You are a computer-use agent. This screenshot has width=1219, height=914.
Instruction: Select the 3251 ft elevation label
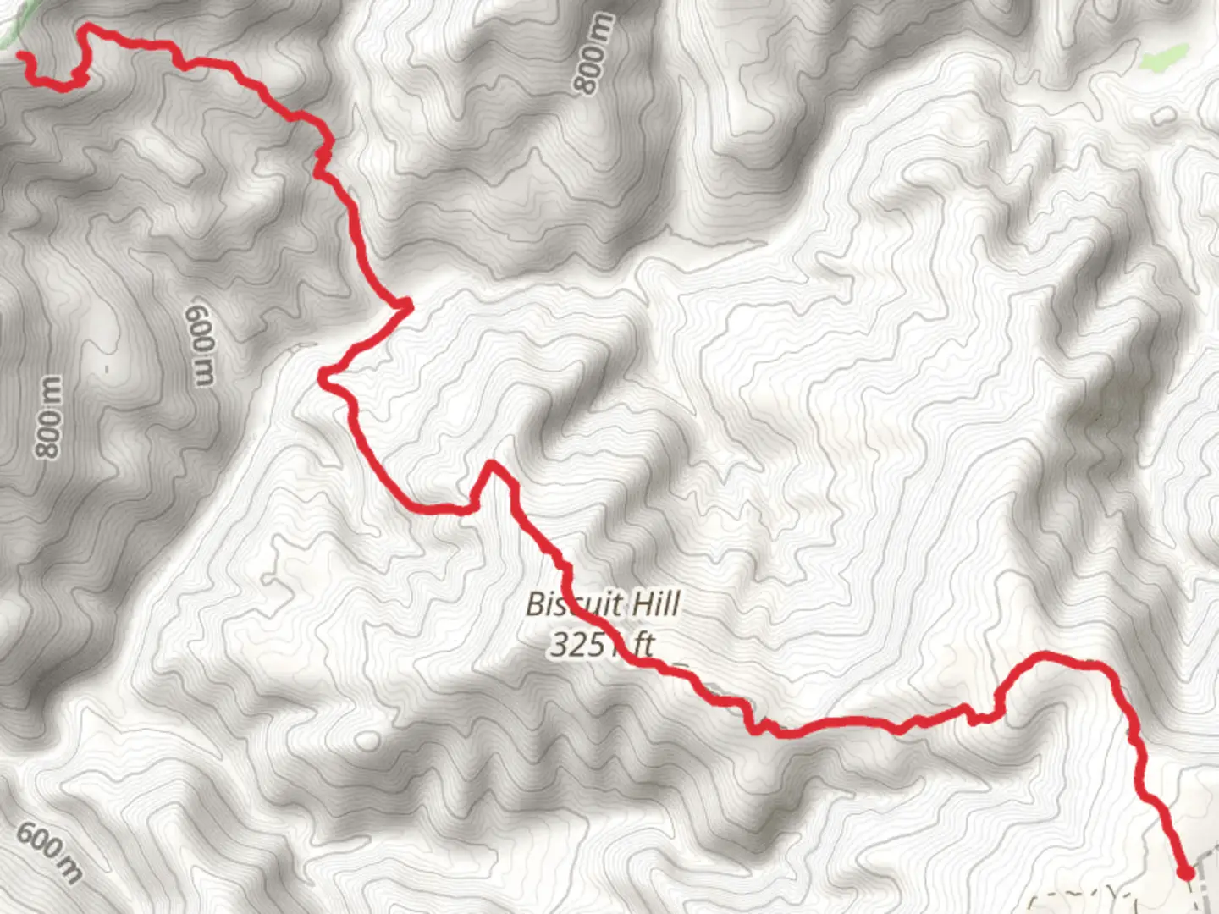click(602, 645)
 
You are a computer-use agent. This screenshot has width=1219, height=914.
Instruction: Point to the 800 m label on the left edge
click(49, 416)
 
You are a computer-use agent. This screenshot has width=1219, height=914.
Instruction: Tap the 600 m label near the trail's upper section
click(200, 344)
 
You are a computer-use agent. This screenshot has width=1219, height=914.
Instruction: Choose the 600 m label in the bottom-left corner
click(49, 851)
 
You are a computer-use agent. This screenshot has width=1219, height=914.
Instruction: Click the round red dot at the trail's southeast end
click(1186, 872)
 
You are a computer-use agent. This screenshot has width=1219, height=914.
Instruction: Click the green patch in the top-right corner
click(1161, 58)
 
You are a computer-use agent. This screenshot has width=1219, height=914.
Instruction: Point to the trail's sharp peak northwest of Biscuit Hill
click(490, 464)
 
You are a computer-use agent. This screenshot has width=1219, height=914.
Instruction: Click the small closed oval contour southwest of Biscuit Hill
click(368, 741)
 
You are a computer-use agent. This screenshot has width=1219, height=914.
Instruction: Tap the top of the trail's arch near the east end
click(1045, 655)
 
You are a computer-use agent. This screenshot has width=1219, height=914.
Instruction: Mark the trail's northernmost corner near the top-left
click(85, 30)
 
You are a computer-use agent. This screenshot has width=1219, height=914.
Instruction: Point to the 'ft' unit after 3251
click(643, 645)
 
